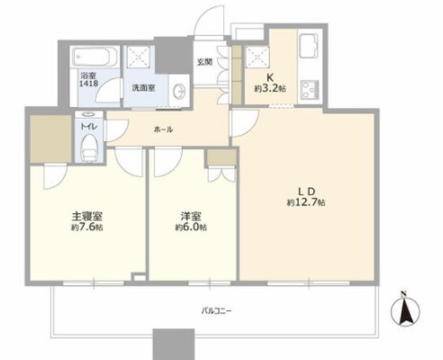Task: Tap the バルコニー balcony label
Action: point(217,311)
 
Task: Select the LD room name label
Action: point(307,192)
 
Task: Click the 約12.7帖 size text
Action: point(306,203)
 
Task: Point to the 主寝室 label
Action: point(87,217)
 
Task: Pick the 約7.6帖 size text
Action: point(87,227)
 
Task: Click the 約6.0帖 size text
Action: point(191,227)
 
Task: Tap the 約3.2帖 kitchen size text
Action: point(270,89)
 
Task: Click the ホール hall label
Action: point(163,129)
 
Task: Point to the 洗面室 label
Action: point(144,88)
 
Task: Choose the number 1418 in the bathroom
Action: point(89,84)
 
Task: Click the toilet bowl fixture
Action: point(89,147)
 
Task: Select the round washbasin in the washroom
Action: point(179,91)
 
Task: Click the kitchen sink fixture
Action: point(309,46)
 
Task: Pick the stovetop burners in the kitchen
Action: point(310,89)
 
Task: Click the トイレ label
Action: point(89,127)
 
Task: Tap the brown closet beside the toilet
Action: point(51,138)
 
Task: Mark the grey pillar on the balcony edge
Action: point(174,344)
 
